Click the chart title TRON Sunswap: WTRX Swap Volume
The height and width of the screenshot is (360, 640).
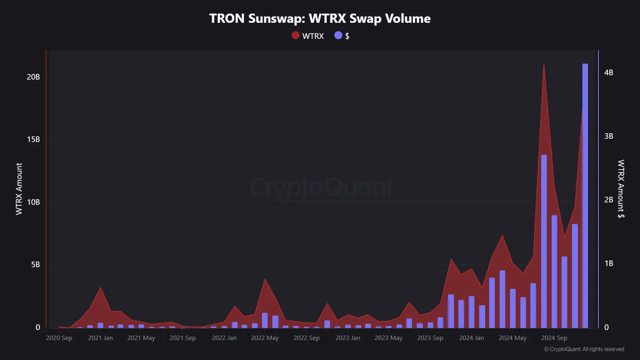320,18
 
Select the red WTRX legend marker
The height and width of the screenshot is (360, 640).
296,36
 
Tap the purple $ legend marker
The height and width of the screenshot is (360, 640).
338,36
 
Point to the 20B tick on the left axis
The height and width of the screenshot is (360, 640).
33,77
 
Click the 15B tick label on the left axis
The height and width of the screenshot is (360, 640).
33,139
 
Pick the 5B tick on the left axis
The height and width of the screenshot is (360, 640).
35,264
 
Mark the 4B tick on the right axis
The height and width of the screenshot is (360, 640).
608,72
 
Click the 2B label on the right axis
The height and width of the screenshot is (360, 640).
608,200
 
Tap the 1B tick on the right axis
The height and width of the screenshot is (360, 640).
608,263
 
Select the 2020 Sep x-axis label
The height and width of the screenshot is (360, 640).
59,338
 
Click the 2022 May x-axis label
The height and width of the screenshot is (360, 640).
265,338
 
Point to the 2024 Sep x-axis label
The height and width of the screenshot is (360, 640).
554,338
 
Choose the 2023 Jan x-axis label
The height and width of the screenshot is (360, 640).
348,338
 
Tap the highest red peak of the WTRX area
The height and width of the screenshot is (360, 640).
544,65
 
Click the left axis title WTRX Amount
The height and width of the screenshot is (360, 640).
19,189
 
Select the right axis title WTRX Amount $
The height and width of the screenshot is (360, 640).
621,189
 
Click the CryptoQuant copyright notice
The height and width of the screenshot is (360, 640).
584,349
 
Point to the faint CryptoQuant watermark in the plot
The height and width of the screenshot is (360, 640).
322,187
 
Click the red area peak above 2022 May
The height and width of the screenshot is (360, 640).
265,280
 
